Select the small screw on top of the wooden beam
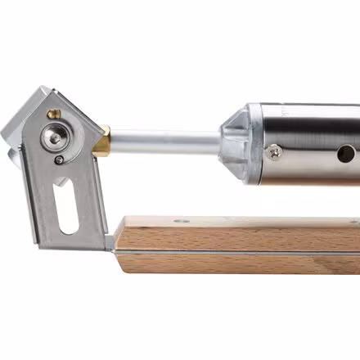[179, 221]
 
